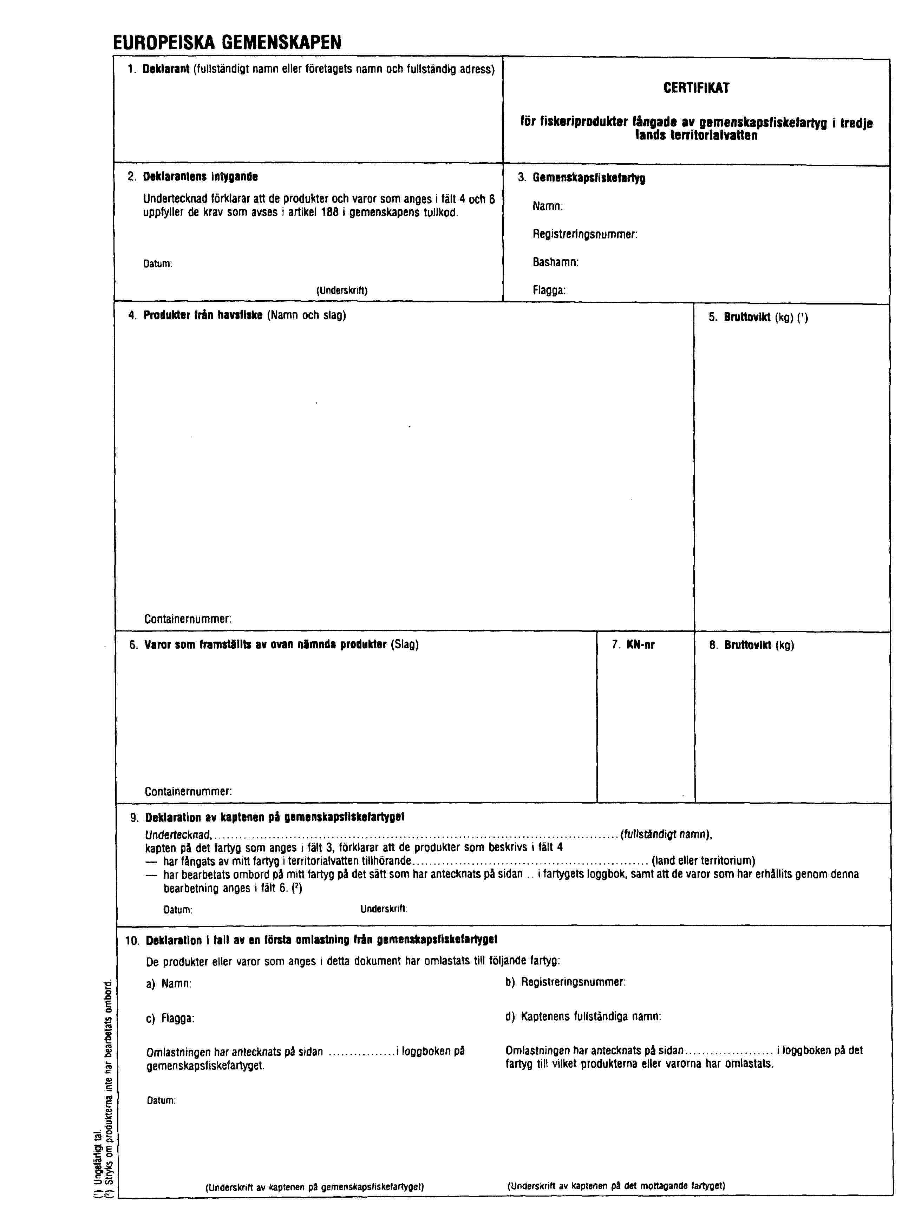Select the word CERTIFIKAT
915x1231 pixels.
[696, 88]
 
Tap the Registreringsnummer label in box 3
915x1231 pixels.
[585, 234]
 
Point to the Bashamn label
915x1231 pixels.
[556, 262]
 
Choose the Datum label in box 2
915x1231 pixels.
[158, 264]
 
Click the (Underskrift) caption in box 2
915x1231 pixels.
[342, 290]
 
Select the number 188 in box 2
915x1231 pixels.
[329, 212]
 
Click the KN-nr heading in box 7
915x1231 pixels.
[640, 644]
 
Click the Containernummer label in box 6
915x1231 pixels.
[188, 791]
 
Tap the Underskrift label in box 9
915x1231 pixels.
[384, 909]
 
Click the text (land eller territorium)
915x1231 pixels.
[704, 861]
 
